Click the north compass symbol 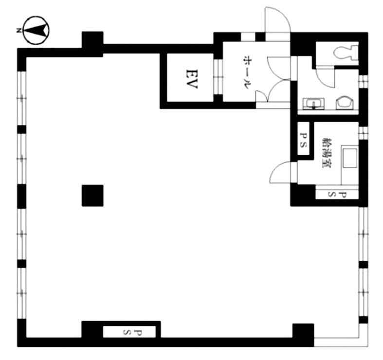pyautogui.click(x=36, y=30)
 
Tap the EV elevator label pyautogui.click(x=192, y=79)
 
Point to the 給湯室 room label pyautogui.click(x=327, y=153)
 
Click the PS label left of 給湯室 pyautogui.click(x=303, y=140)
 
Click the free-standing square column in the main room pyautogui.click(x=92, y=196)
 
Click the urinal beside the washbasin pyautogui.click(x=344, y=103)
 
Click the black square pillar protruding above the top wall pyautogui.click(x=92, y=40)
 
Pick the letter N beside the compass pyautogui.click(x=18, y=30)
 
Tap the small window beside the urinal pyautogui.click(x=363, y=82)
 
